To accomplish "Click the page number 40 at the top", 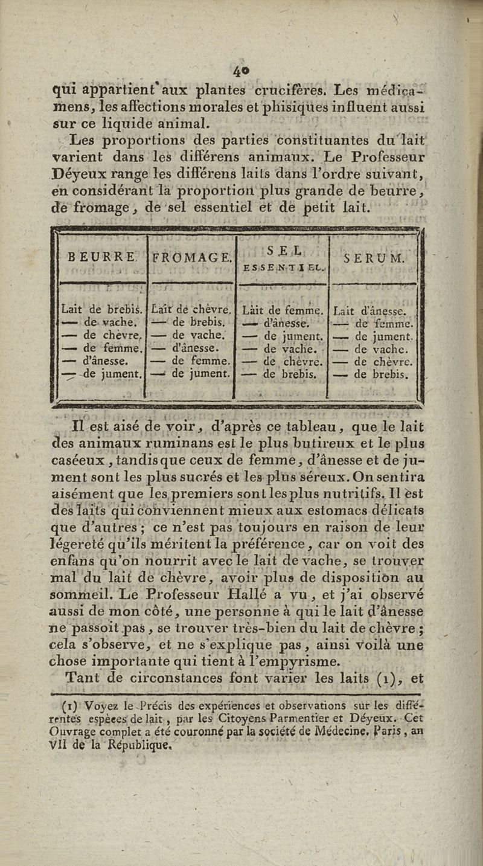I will click(241, 71).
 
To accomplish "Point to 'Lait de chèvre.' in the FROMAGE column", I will click(192, 310).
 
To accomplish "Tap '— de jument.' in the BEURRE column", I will click(101, 373).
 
